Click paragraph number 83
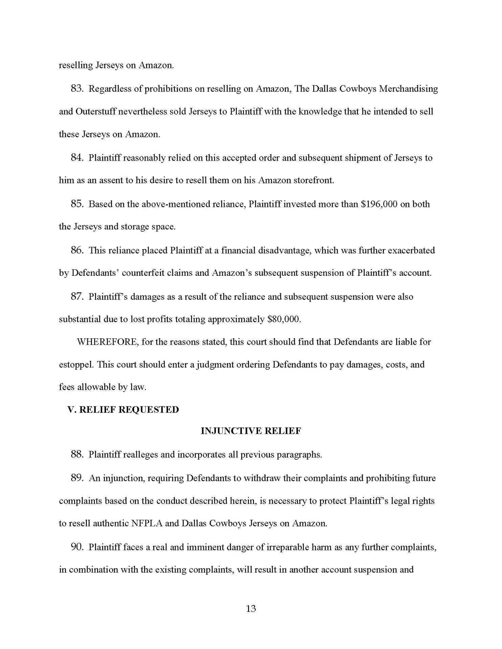click(x=77, y=89)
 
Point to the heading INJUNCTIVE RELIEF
click(x=251, y=431)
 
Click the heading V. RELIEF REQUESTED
click(x=123, y=410)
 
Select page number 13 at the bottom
click(x=251, y=608)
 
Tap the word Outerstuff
click(x=97, y=112)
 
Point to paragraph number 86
click(x=77, y=250)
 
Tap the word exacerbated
click(x=411, y=250)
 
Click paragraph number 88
click(x=77, y=455)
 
